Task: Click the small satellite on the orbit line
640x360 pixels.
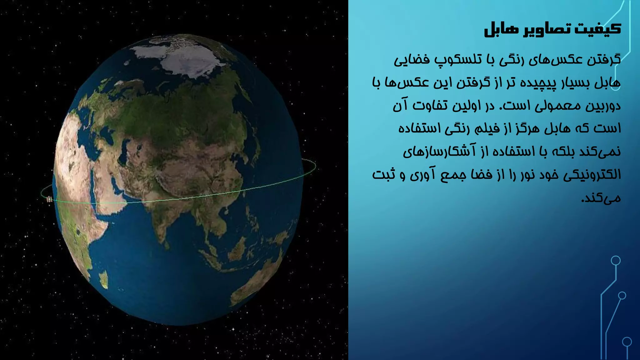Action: [x=49, y=199]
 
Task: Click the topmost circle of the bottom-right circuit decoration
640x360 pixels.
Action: [x=616, y=260]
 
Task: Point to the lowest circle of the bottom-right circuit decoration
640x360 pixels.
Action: [x=627, y=342]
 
